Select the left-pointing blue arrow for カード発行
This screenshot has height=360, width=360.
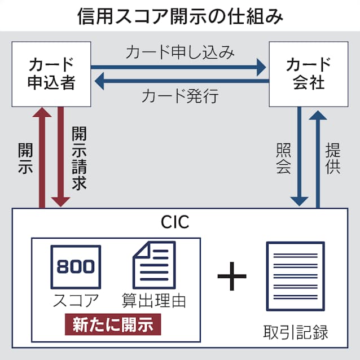pos(179,82)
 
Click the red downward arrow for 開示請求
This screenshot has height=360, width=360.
pos(59,158)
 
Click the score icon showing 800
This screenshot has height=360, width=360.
pos(76,267)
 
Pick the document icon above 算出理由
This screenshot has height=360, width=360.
pos(153,265)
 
